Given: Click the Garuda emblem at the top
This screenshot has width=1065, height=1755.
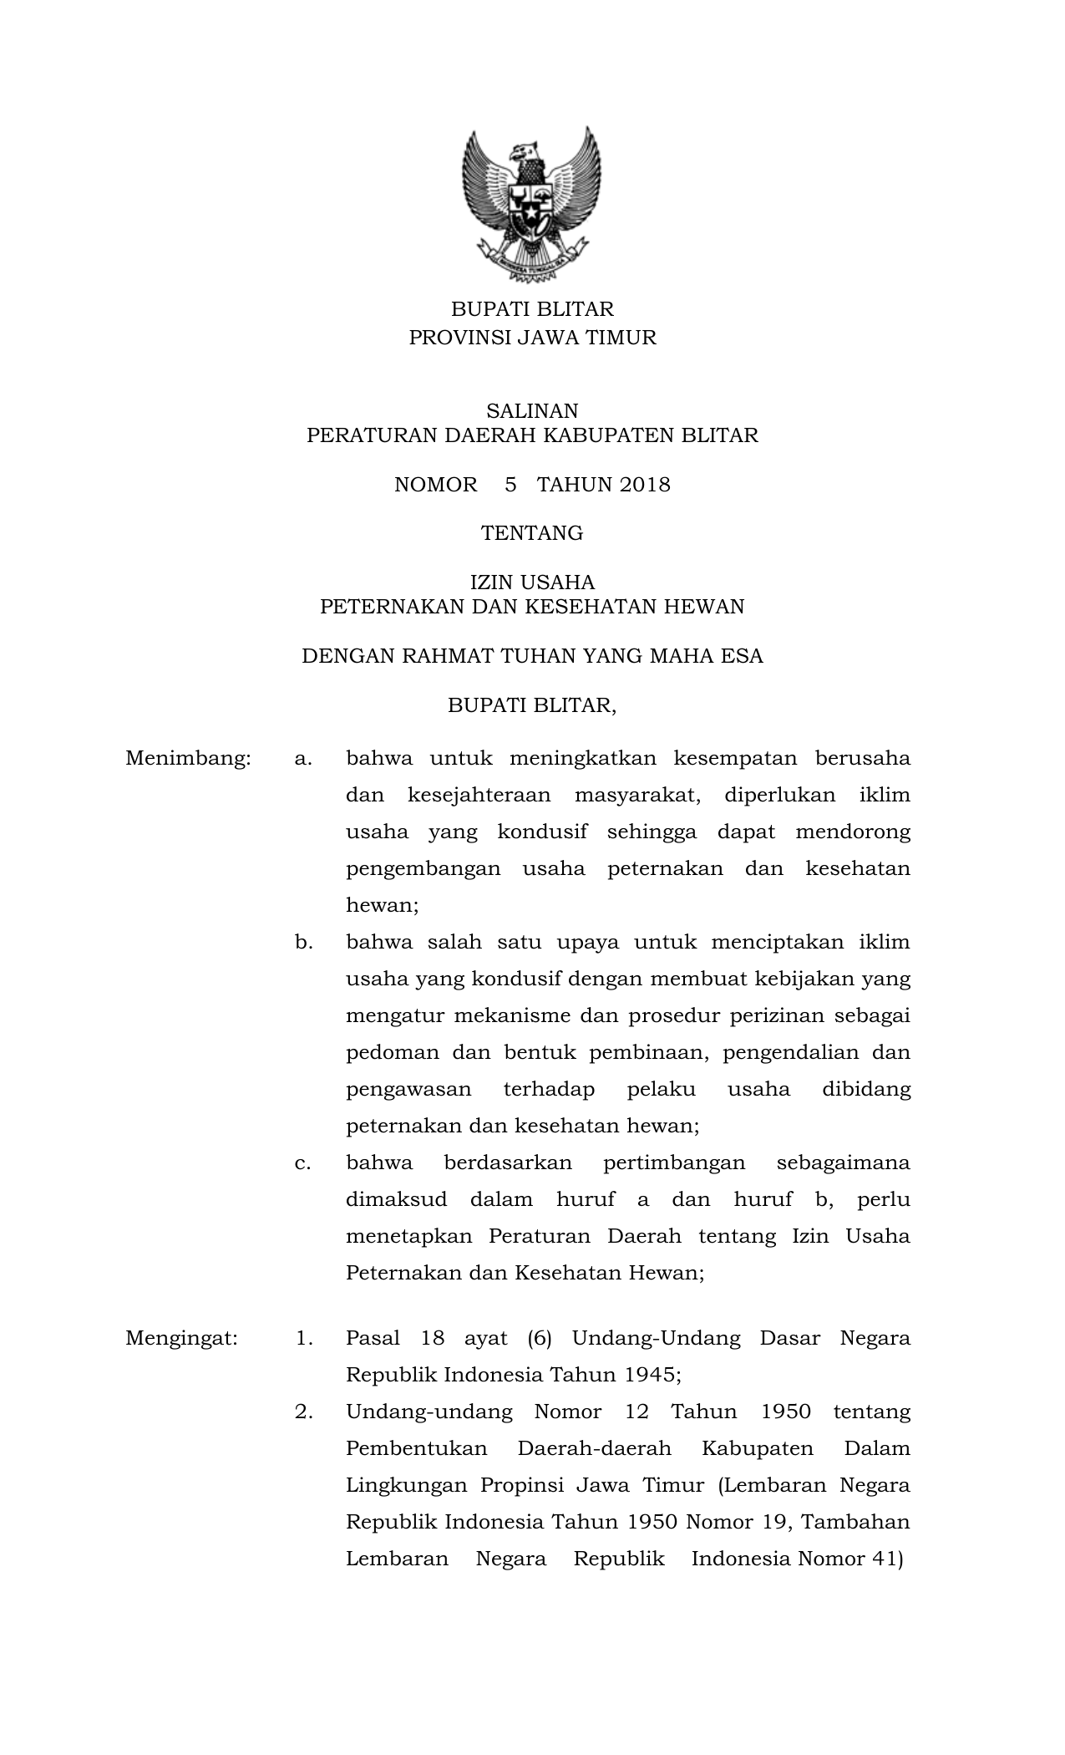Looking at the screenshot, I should (532, 204).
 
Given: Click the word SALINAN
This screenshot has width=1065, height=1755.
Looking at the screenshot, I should (532, 410).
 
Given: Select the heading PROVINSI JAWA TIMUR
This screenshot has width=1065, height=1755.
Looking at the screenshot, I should (532, 338).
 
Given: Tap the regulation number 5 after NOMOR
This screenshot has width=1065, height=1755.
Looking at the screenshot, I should (510, 485).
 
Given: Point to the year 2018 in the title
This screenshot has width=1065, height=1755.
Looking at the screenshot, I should (645, 485).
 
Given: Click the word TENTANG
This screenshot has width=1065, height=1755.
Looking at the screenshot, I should (532, 533).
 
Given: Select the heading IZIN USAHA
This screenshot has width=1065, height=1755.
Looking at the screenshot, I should (532, 582).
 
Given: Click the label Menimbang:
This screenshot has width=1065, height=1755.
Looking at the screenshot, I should (188, 759).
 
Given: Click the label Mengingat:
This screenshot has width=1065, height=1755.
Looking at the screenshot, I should (181, 1338).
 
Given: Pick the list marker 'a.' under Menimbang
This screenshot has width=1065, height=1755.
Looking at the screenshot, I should (303, 759).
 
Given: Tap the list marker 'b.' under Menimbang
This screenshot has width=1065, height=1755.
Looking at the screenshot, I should (303, 943).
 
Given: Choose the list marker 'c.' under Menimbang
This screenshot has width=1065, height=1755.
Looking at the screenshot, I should (303, 1162).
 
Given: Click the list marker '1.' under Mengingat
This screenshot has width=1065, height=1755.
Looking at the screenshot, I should (304, 1338).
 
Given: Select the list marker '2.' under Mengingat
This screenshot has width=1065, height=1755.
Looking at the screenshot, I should (304, 1412).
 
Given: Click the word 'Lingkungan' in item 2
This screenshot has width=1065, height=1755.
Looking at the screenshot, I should (401, 1485).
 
